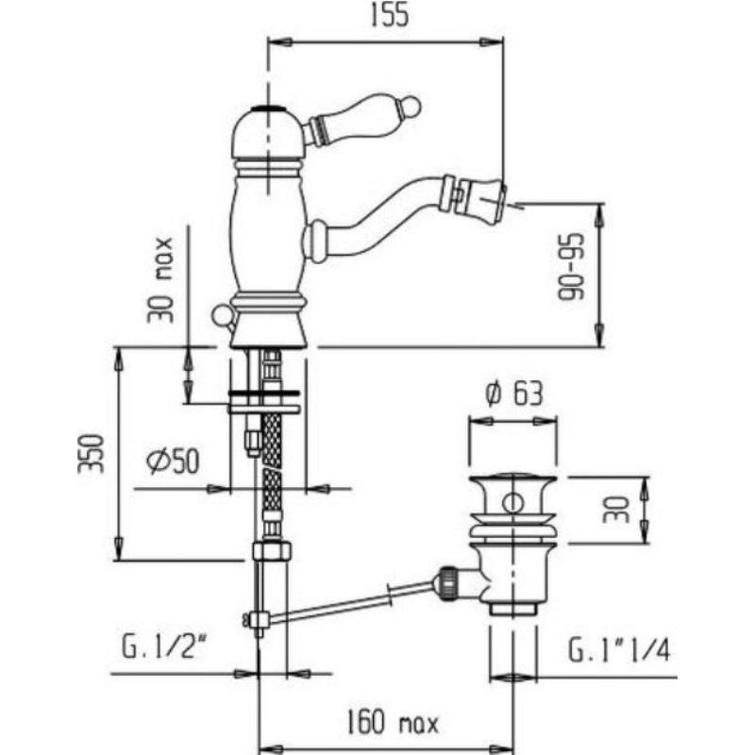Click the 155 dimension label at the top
[390, 14]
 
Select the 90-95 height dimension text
[571, 267]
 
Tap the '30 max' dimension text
[160, 279]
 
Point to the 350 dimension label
[91, 454]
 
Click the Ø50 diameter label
[173, 461]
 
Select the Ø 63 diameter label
[513, 394]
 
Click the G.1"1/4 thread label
[619, 650]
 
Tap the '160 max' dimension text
[393, 723]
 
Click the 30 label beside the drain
[616, 510]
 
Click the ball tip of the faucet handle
[411, 106]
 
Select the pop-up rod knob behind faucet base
[222, 315]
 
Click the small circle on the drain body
[512, 503]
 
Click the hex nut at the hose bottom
[272, 550]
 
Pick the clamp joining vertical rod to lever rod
[259, 619]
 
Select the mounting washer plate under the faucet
[264, 402]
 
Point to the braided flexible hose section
[272, 462]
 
